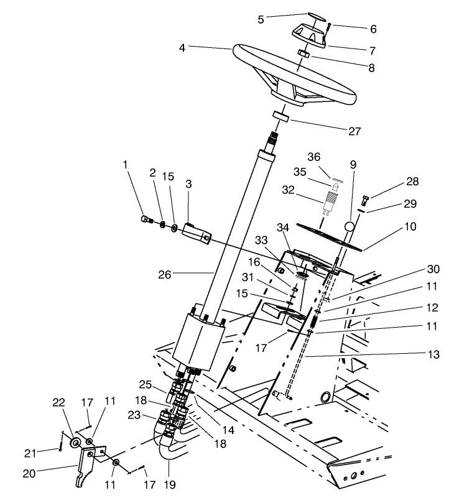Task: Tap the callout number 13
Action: coord(433,355)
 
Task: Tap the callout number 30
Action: coord(433,269)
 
